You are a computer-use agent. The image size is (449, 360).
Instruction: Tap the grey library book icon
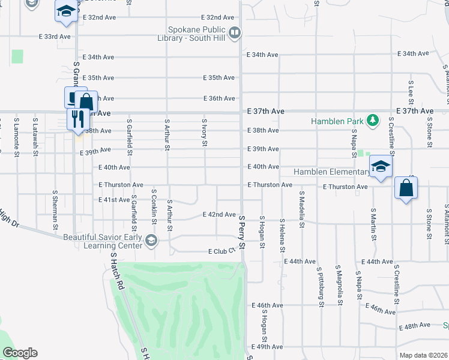[235, 32]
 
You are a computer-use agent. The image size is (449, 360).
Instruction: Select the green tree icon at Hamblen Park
[372, 121]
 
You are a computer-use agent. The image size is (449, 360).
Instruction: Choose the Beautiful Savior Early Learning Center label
[102, 241]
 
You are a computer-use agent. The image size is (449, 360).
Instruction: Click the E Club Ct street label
[220, 251]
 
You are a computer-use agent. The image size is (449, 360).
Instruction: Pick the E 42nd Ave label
[219, 214]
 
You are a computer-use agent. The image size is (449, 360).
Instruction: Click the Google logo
[20, 353]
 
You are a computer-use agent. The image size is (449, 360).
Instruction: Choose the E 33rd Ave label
[55, 37]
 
